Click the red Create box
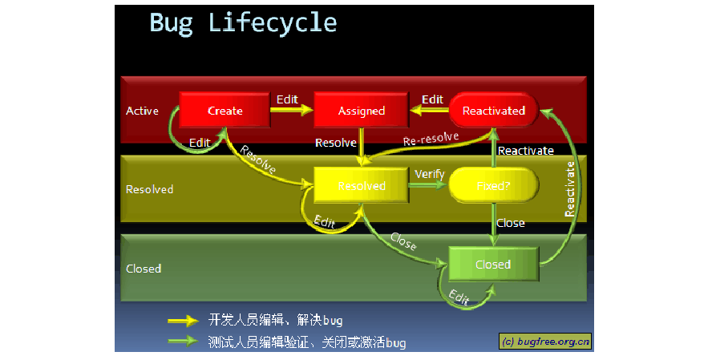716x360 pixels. coord(225,111)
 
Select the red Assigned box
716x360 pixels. coord(361,111)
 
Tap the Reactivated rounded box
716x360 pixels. coord(493,111)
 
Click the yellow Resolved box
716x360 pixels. coord(361,186)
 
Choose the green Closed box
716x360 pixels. coord(492,264)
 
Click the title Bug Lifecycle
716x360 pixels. coord(243,22)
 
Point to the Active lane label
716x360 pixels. coord(142,111)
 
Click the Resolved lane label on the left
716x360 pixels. coord(149,189)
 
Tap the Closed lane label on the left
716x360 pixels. coord(144,268)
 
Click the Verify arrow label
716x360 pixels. coord(429,174)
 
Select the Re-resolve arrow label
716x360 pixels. coord(431,138)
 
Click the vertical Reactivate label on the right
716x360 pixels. coord(570,189)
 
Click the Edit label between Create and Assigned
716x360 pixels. coord(287,99)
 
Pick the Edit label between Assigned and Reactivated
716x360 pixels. coord(432,99)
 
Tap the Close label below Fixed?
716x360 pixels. coord(510,223)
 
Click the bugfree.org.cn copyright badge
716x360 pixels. coord(545,341)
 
